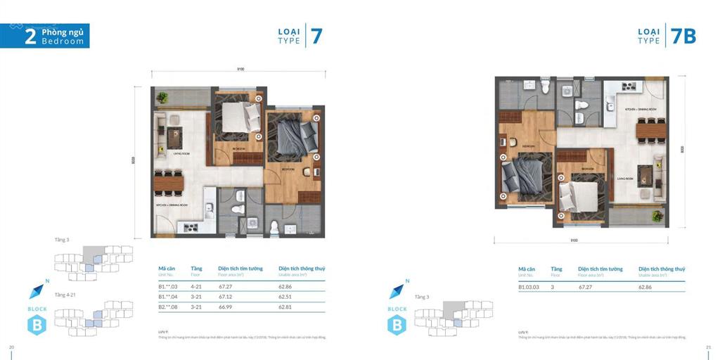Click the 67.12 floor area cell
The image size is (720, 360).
pyautogui.click(x=225, y=297)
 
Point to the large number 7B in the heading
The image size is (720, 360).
pyautogui.click(x=683, y=36)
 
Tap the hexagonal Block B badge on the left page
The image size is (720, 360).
pyautogui.click(x=36, y=326)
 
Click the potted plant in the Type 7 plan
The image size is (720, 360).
pyautogui.click(x=162, y=98)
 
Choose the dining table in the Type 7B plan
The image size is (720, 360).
pyautogui.click(x=652, y=129)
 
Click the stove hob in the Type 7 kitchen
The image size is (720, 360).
pyautogui.click(x=188, y=227)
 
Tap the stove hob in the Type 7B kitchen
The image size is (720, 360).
pyautogui.click(x=628, y=87)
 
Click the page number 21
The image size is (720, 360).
pyautogui.click(x=708, y=347)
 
